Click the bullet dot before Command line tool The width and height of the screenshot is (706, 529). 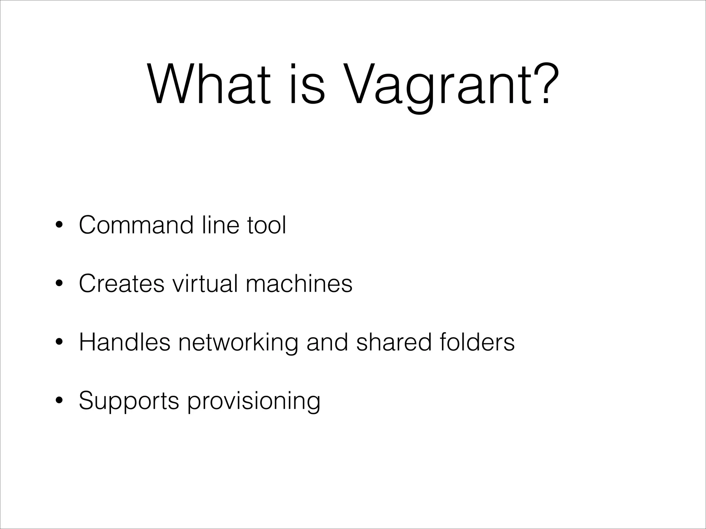pos(59,226)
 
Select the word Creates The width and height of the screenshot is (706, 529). pos(121,284)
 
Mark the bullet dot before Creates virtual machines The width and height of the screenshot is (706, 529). pos(59,284)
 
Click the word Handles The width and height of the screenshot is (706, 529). pos(124,342)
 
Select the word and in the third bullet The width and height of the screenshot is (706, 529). pos(327,342)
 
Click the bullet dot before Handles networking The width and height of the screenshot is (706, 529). pos(59,343)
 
